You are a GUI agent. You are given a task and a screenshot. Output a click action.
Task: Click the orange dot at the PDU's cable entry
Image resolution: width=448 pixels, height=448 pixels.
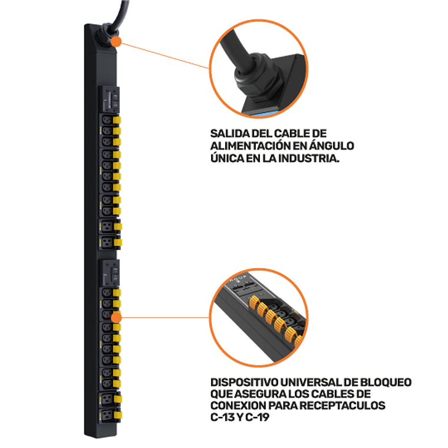pos(117,42)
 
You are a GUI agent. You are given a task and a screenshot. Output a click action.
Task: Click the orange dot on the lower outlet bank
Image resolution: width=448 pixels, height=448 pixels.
pos(117,318)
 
